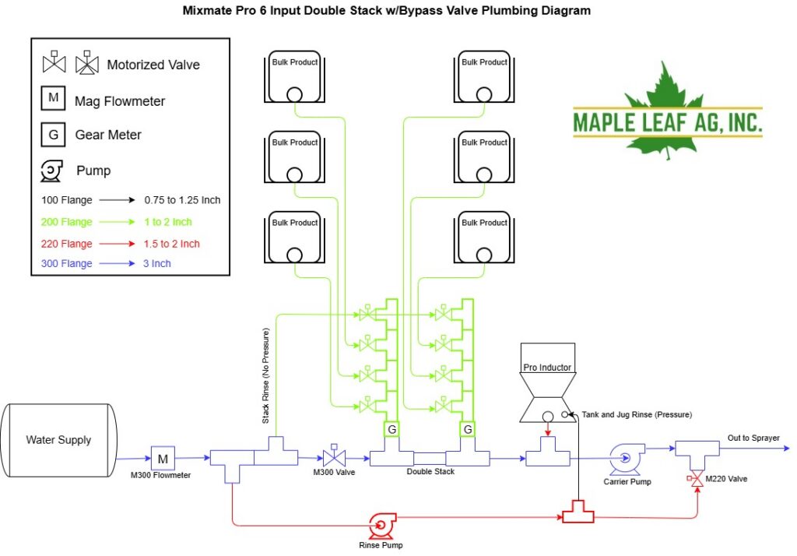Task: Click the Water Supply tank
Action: click(x=58, y=440)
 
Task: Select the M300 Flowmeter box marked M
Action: click(x=163, y=459)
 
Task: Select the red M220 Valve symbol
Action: click(x=696, y=479)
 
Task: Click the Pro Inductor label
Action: click(x=547, y=368)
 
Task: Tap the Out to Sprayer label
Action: click(x=753, y=438)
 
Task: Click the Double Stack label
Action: click(x=430, y=472)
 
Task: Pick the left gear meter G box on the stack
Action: click(x=392, y=429)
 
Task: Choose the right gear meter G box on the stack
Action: click(x=468, y=429)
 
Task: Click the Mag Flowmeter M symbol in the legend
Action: click(x=54, y=98)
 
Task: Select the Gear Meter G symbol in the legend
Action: click(x=54, y=135)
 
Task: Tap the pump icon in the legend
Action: click(x=51, y=171)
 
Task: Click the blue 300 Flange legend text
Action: click(x=67, y=263)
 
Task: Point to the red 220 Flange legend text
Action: click(x=67, y=244)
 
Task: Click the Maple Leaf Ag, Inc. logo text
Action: click(x=667, y=122)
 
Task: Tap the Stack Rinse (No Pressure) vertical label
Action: click(x=266, y=376)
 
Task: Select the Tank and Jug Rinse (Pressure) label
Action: click(x=637, y=414)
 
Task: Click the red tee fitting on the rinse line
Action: click(x=578, y=512)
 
